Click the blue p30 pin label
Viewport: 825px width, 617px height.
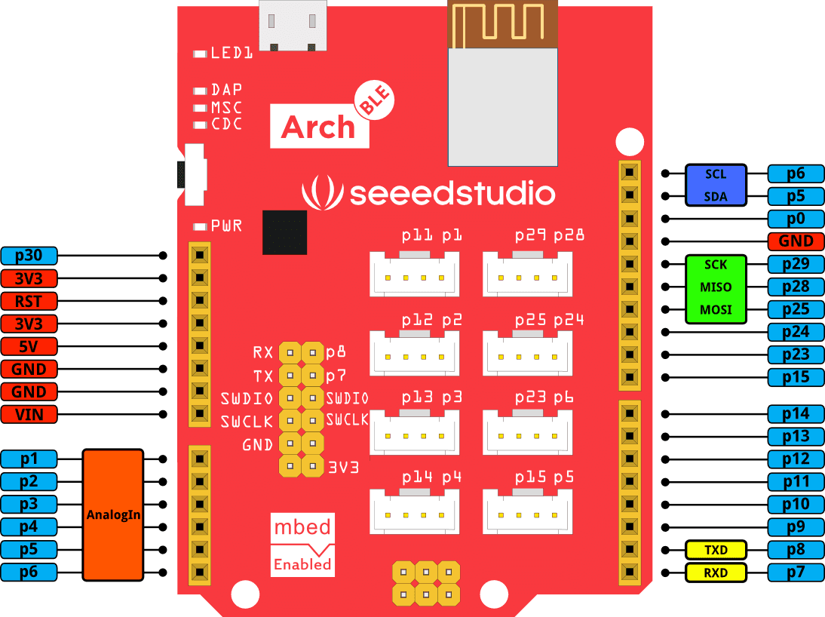(29, 256)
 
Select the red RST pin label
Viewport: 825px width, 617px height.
(29, 301)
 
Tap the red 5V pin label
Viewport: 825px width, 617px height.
(29, 346)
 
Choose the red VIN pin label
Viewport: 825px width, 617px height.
(29, 414)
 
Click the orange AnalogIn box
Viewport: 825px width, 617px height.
(113, 515)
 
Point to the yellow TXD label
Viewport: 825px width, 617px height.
(716, 550)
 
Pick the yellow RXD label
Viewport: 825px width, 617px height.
(716, 572)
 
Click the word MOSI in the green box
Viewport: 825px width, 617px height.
(716, 309)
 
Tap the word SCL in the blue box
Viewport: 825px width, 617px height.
(716, 174)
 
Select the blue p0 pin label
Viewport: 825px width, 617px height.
(796, 219)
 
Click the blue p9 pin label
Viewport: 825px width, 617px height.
(796, 527)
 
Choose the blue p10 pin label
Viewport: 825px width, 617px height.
(796, 505)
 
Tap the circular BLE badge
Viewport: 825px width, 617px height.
(374, 103)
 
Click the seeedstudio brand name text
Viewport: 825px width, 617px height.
(452, 194)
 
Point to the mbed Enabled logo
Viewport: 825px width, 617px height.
(302, 545)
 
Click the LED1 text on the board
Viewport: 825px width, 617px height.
(232, 53)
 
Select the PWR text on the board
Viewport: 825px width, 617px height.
(226, 226)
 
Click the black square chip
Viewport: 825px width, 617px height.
(284, 232)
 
